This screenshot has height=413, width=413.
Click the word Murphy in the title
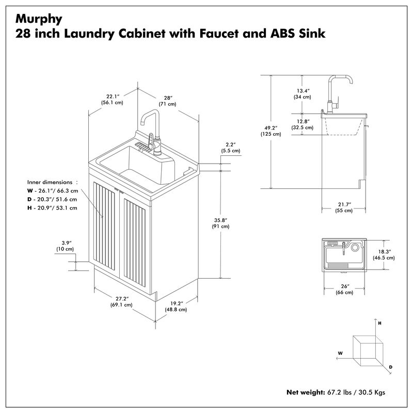tap(39, 19)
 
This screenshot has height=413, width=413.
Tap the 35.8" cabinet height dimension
tap(220, 221)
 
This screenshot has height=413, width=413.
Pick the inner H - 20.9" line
tap(52, 208)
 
